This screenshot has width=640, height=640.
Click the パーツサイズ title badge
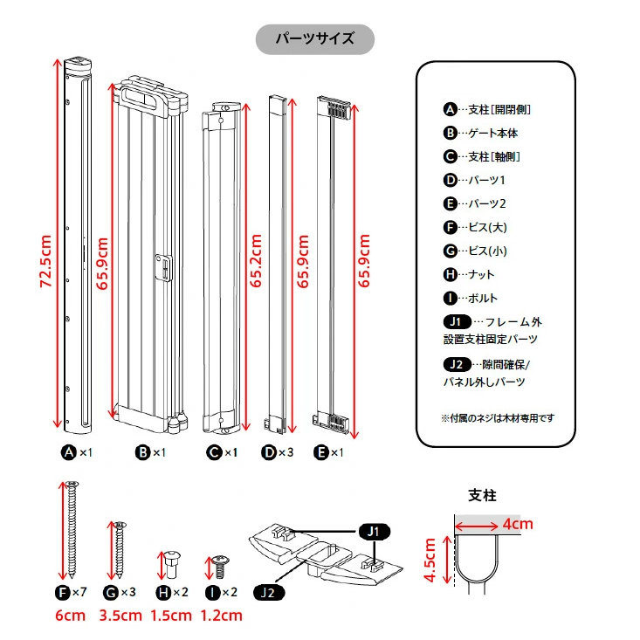[314, 39]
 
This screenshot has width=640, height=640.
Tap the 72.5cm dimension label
[45, 261]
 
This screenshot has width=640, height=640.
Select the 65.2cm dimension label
[256, 261]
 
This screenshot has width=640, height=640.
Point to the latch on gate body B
[163, 268]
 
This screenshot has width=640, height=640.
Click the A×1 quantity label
[77, 452]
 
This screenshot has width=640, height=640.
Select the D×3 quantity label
[277, 452]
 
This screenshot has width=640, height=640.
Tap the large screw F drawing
[72, 530]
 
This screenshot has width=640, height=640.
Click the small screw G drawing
[120, 549]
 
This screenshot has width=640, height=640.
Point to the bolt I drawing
[220, 567]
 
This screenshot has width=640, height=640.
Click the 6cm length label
[70, 615]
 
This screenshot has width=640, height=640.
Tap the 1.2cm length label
[221, 615]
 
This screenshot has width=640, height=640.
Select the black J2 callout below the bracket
[269, 592]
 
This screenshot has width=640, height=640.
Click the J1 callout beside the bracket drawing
[374, 532]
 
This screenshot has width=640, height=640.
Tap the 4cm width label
[518, 524]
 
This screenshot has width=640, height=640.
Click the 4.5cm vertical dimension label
[430, 560]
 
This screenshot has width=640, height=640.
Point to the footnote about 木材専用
[498, 418]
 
